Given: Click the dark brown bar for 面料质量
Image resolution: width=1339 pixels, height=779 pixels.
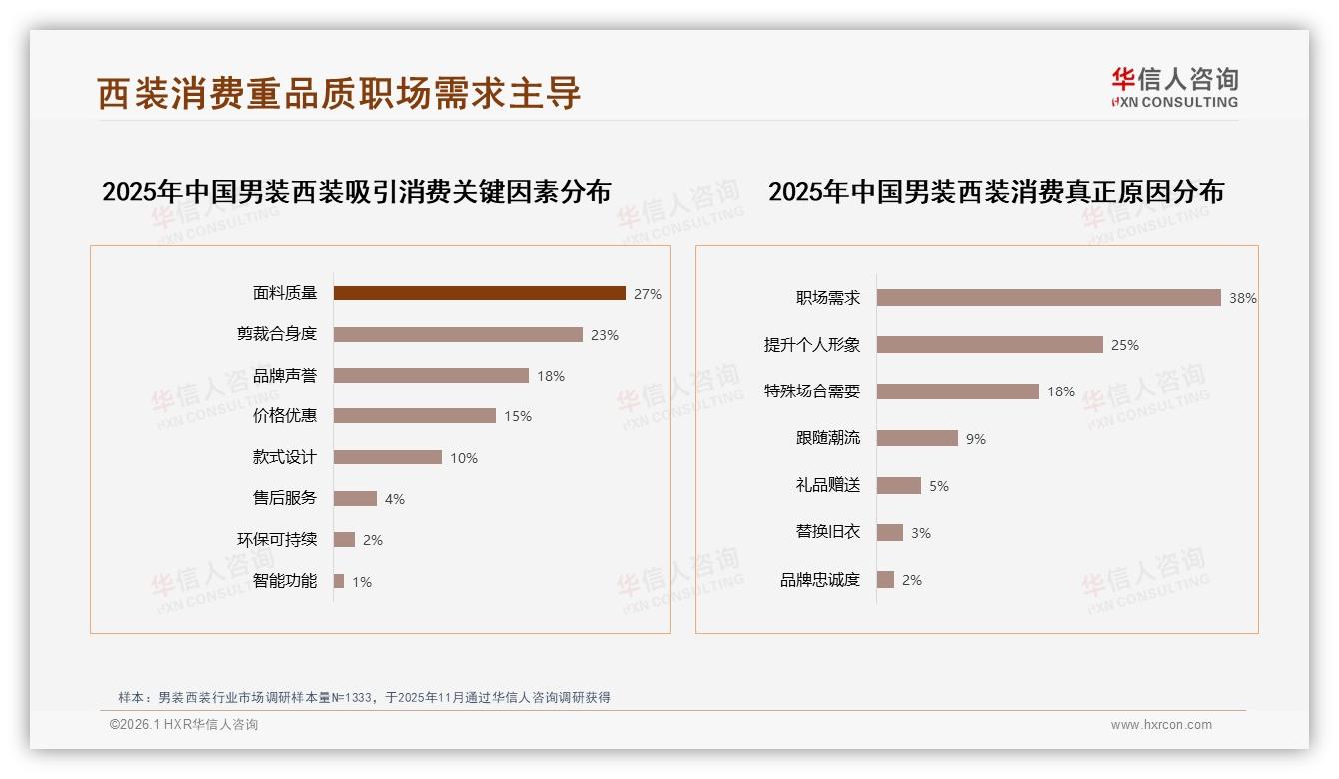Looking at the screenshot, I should click(x=479, y=293).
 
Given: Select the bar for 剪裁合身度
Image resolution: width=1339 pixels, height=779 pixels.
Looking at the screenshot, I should click(x=458, y=334).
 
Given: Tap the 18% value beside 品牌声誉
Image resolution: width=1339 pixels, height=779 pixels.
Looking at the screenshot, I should click(x=551, y=376).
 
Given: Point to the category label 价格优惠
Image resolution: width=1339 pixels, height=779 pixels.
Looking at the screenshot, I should click(x=285, y=416).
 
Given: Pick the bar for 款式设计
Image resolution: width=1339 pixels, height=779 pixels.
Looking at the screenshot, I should click(x=387, y=457).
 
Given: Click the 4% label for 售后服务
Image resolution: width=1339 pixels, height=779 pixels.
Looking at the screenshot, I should click(x=395, y=499).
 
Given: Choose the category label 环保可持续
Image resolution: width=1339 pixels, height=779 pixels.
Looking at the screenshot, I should click(x=277, y=540).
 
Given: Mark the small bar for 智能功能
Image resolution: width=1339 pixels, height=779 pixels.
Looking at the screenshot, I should click(x=339, y=581).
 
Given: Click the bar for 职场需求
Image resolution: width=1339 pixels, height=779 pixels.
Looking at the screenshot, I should click(x=1048, y=297).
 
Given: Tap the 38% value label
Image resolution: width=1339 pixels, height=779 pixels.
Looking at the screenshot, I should click(x=1243, y=298).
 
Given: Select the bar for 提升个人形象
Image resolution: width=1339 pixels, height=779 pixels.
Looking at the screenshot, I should click(x=989, y=344).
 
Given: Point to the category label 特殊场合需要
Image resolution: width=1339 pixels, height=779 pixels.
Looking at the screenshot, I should click(x=812, y=391).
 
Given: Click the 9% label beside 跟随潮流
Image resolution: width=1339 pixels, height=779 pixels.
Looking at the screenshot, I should click(x=976, y=439).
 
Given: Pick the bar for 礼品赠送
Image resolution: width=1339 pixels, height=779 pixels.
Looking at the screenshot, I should click(x=898, y=485).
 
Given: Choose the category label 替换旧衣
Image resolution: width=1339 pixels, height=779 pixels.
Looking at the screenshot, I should click(x=828, y=532).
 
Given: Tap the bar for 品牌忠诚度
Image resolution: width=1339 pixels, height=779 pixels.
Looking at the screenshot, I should click(x=885, y=579).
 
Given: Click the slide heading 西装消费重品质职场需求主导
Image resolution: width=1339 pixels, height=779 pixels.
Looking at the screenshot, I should click(x=339, y=93).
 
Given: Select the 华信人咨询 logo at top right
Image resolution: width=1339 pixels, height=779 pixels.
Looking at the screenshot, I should click(x=1174, y=87).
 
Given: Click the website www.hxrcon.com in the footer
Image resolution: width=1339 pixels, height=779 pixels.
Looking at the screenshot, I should click(x=1161, y=725).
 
